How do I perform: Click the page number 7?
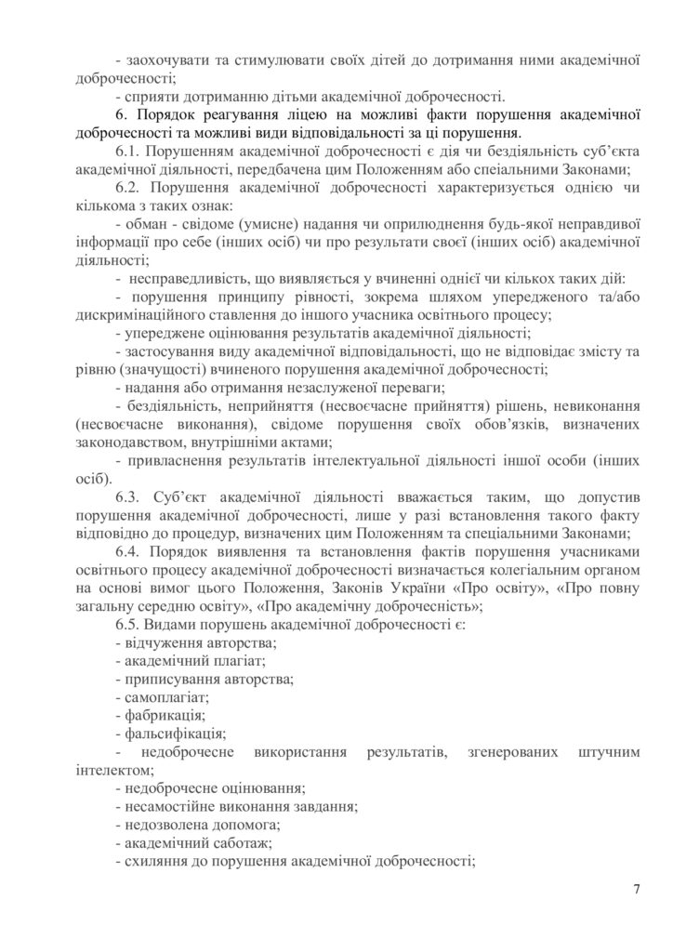coord(637,890)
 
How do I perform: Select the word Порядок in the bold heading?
coord(166,116)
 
